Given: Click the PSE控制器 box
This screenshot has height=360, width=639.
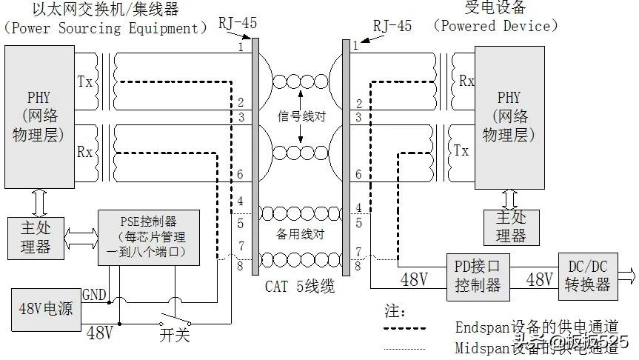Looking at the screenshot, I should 149,237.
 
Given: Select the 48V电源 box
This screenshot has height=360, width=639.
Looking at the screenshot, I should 45,307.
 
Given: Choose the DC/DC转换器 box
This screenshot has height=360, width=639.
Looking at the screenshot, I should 589,276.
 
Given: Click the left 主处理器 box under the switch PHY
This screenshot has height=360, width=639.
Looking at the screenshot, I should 35,237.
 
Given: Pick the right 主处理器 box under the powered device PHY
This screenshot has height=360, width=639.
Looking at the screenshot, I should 511,227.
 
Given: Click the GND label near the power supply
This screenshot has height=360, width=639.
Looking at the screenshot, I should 95,294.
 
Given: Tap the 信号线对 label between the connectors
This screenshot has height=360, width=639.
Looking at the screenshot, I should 301,117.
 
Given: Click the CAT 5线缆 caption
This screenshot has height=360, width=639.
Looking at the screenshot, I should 301,286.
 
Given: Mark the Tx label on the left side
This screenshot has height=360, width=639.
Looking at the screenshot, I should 85,81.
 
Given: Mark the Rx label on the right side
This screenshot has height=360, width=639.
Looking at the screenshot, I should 466,81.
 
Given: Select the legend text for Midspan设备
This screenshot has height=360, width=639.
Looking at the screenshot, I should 518,347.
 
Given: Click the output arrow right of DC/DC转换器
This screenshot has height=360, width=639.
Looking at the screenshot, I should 626,276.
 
